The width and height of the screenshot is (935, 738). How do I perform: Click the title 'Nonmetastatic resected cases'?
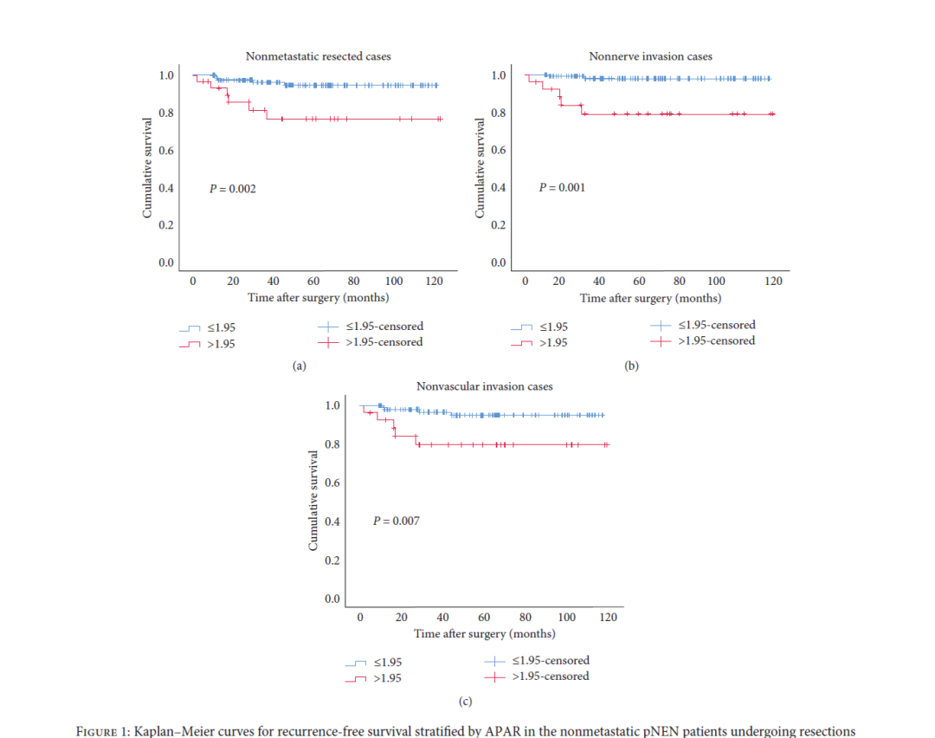pos(318,56)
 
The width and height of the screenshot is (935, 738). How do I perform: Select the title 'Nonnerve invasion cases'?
pos(650,56)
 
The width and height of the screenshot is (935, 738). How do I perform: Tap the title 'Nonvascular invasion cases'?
pos(484,386)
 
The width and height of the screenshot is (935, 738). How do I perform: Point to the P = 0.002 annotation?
pos(233,188)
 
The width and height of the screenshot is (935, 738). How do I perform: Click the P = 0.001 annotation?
pos(562,187)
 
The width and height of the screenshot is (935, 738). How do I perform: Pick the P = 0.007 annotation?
pos(396,521)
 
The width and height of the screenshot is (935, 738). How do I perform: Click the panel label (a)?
pos(299,366)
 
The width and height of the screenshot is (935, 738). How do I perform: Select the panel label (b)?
pos(631,366)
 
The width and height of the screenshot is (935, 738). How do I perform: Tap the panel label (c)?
pos(465,701)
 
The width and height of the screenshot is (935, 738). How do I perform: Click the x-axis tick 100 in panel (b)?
pos(717,281)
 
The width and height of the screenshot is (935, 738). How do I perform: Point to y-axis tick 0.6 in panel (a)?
pos(165,151)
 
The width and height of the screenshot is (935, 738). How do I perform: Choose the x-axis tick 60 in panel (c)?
pos(484,617)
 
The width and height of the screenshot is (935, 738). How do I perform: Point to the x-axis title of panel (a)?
pos(318,297)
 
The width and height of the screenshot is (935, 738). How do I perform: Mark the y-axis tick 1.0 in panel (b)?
pos(498,75)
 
